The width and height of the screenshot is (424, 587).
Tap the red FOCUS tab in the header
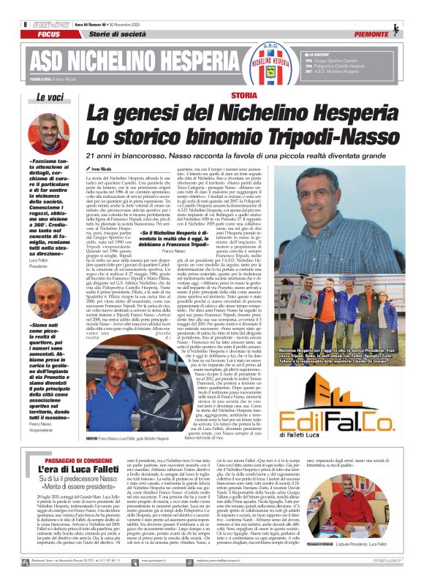click(49, 34)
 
